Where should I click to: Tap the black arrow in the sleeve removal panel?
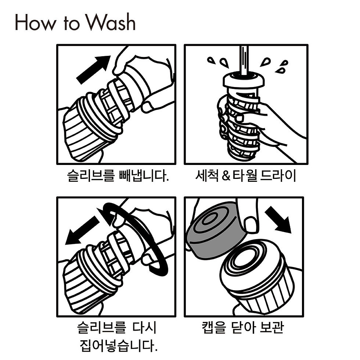(x=93, y=70)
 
